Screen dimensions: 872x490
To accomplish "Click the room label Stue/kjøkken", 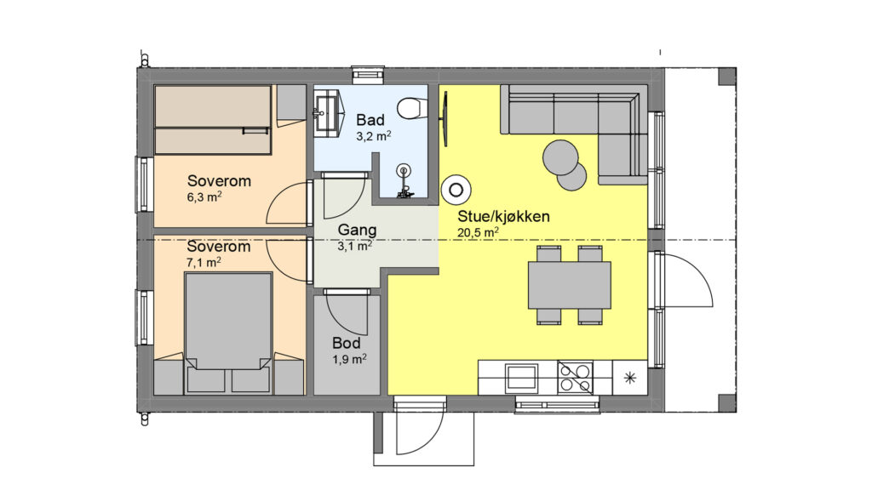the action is [x=503, y=216].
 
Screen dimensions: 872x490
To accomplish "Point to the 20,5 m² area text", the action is [x=478, y=232].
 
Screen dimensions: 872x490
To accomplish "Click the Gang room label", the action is [x=357, y=230].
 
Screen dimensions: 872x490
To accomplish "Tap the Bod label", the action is [x=347, y=343].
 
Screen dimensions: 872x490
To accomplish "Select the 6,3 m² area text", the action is [x=204, y=197].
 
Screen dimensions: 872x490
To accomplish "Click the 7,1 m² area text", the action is [x=204, y=262].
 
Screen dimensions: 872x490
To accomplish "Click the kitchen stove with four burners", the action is [x=576, y=378].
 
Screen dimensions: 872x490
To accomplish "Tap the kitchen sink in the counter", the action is [x=521, y=378].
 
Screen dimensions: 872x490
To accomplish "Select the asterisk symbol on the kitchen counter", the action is [x=629, y=379].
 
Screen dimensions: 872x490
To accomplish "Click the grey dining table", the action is [x=570, y=285].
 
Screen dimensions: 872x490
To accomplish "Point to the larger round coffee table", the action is [x=560, y=157].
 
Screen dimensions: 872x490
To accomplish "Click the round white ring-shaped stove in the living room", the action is [x=456, y=190].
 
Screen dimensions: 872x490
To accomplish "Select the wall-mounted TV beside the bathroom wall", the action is [x=445, y=119].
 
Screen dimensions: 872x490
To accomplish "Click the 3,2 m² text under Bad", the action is [x=373, y=135].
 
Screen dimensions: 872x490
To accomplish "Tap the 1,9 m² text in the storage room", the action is [x=349, y=359].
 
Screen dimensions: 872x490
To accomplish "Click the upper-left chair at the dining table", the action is [x=549, y=254].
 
